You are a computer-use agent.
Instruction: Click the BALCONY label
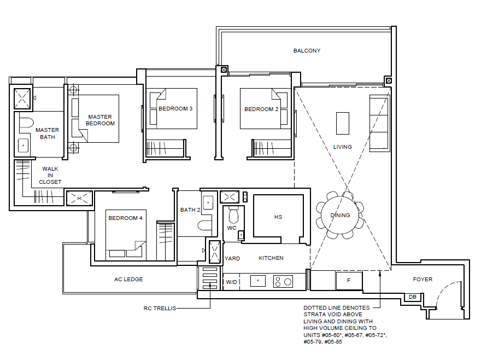coord(307,51)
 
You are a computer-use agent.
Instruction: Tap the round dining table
coord(340,215)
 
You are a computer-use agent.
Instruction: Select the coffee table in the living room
coord(342,123)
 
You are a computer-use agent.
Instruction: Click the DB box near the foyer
coord(413,297)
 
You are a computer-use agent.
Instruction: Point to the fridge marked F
coord(349,281)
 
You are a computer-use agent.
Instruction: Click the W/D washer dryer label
coord(231,282)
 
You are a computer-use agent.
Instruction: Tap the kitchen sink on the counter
coord(257,281)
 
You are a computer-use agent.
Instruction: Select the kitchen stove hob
coord(283,281)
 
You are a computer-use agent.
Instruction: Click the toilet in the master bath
coord(26,123)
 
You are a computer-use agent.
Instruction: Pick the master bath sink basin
coord(24,146)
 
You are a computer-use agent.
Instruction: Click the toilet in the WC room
coord(233,214)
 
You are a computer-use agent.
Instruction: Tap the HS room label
coord(278,217)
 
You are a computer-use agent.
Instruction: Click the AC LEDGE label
coord(128,279)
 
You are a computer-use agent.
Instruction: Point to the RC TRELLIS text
coord(160,308)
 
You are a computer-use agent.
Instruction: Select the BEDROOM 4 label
coord(125,218)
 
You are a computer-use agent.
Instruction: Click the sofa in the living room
coord(379,124)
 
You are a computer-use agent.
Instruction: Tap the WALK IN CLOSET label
coord(50,176)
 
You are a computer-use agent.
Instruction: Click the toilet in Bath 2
coord(204,225)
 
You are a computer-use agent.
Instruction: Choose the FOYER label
coord(423,279)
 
